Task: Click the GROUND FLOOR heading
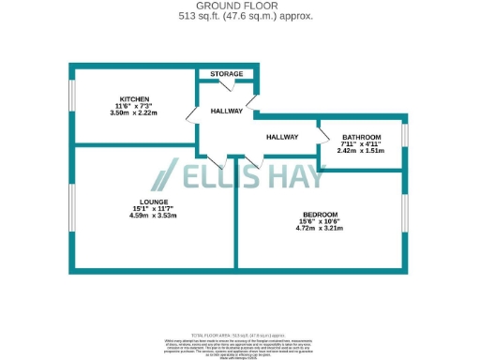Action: coord(241,6)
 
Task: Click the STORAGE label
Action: coord(226,74)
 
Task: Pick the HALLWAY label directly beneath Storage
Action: coord(226,111)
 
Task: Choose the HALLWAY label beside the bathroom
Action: coord(282,137)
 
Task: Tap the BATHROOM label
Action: coord(361,136)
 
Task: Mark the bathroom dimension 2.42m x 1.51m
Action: coord(361,150)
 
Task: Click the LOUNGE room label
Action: coord(153,202)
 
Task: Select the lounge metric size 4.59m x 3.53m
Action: coord(153,217)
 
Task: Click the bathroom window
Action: coord(405,134)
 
